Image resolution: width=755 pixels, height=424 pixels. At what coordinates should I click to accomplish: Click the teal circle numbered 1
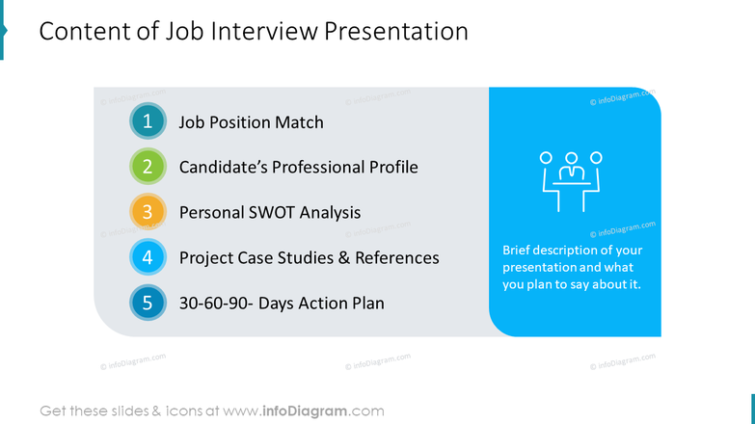click(x=148, y=122)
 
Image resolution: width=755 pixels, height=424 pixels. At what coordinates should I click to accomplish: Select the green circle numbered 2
click(x=148, y=167)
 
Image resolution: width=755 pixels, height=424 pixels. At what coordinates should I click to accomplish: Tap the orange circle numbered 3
click(x=148, y=212)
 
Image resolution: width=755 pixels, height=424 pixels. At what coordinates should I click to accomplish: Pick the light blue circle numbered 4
click(x=148, y=257)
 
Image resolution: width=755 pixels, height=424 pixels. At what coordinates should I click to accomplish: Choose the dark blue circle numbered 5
click(x=148, y=303)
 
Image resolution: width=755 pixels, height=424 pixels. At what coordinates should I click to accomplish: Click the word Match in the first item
click(x=297, y=122)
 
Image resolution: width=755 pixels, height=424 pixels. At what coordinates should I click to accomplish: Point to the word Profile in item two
click(x=390, y=168)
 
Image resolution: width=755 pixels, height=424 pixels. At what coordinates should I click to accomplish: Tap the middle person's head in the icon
click(x=571, y=157)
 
